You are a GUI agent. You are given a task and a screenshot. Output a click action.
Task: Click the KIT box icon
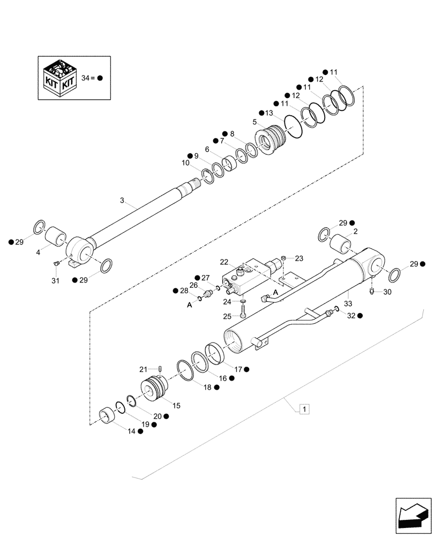pos(60,78)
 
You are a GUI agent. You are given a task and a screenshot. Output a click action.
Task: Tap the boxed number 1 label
pos(304,410)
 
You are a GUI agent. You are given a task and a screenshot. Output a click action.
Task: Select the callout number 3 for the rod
pos(122,200)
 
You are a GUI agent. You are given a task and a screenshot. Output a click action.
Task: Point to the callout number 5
pos(255,122)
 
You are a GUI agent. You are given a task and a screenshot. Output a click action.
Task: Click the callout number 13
pos(269,113)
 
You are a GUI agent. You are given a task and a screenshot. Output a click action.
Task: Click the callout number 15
pos(176,406)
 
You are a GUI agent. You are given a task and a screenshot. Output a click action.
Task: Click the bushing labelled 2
pos(339,244)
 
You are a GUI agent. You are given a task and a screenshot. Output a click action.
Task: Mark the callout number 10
pos(185,162)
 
